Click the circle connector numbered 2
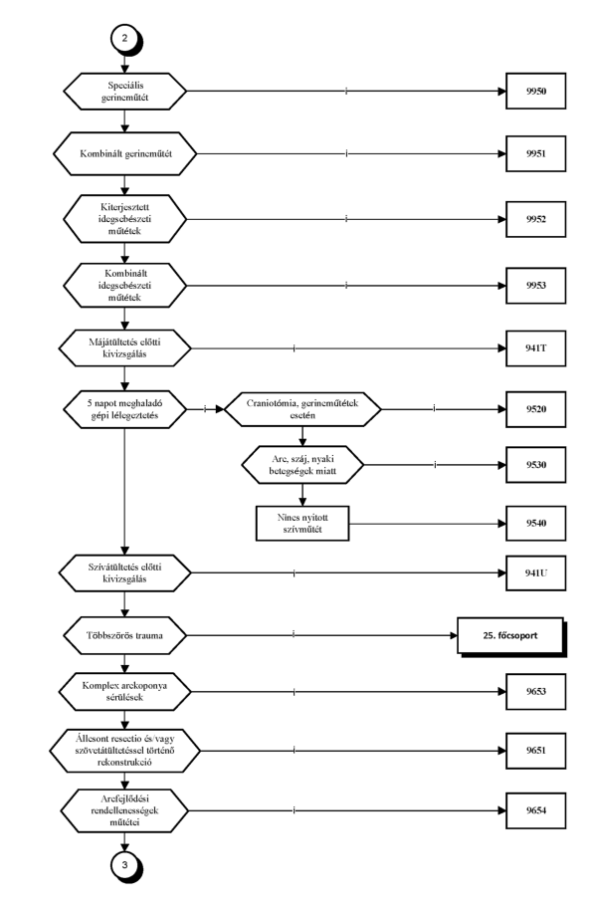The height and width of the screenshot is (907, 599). (x=124, y=40)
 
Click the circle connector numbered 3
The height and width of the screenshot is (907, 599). (x=124, y=866)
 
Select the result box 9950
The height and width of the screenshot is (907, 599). (x=535, y=91)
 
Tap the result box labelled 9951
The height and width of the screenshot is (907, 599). (x=535, y=153)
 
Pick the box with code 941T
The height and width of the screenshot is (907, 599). (x=535, y=348)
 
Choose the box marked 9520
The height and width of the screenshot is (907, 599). (x=535, y=409)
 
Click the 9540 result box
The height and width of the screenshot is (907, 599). (x=535, y=523)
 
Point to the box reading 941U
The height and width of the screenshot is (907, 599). (x=535, y=572)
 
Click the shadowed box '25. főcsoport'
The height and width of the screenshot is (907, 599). (x=510, y=635)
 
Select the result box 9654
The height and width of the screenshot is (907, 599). (x=535, y=810)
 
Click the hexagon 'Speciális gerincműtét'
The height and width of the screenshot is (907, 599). (x=124, y=91)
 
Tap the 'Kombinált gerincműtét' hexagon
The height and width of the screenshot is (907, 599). (x=124, y=153)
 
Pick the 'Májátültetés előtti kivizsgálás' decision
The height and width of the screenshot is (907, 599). (x=124, y=348)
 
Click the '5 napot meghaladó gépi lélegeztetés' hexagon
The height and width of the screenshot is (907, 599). (x=124, y=409)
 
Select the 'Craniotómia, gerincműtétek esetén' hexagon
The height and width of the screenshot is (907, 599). (x=302, y=409)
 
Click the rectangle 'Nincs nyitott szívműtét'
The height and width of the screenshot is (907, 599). (x=302, y=523)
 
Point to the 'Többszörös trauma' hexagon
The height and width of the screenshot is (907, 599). (x=124, y=635)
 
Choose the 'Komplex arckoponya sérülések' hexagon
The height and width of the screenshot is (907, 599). (x=124, y=691)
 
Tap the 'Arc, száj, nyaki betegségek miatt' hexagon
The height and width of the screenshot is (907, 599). (x=302, y=465)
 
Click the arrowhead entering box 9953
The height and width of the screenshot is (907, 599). (x=501, y=285)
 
